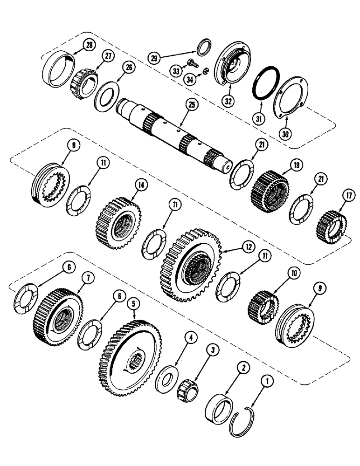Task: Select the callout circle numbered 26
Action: [x=128, y=68]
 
